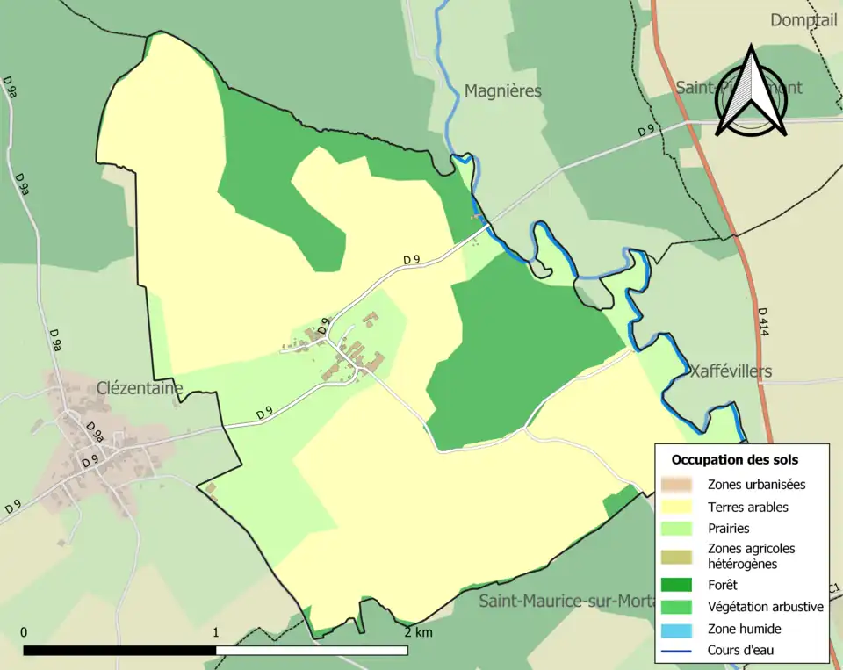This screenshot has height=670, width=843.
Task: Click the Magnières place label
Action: coord(502,91)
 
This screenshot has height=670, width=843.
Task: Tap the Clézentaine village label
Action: coord(140,387)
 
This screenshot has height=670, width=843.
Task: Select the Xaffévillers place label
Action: coord(731,371)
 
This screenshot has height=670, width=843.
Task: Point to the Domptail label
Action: coord(803,19)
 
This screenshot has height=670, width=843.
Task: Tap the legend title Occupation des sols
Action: coord(734,459)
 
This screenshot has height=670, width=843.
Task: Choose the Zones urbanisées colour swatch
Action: coord(680,484)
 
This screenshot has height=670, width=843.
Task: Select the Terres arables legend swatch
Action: coord(680,507)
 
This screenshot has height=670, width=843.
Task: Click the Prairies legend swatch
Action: coord(680,529)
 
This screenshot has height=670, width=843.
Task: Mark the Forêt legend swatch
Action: coord(680,585)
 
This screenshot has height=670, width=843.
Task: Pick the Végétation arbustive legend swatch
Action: coord(680,607)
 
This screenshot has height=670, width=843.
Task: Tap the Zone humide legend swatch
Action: coord(680,629)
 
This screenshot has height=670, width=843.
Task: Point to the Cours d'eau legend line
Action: coord(680,651)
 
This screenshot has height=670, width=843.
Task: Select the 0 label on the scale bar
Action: coord(24,632)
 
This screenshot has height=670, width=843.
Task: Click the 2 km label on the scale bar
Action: coord(419,632)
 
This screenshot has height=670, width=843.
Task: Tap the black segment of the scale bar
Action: coord(119,651)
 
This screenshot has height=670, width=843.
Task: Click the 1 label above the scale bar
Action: coord(216,632)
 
